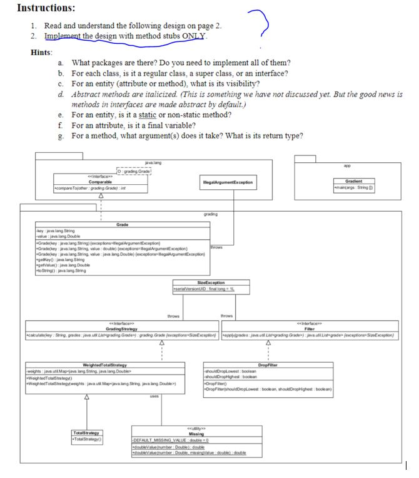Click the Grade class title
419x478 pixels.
[x=123, y=224]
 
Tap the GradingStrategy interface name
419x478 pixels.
[x=123, y=327]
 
